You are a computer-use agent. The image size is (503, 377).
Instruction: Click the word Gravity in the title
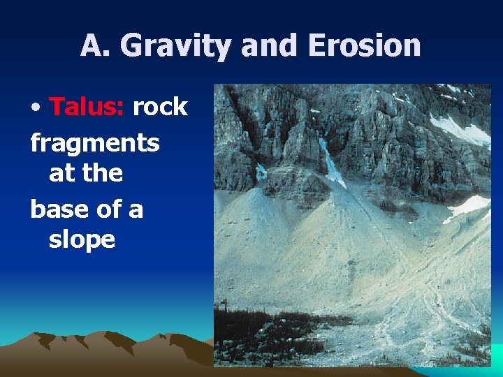(177, 46)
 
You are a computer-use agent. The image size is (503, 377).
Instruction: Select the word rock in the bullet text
(160, 107)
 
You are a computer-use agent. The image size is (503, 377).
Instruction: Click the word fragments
(95, 144)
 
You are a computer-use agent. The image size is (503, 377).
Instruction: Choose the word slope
(82, 239)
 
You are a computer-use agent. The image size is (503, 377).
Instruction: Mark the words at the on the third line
(85, 173)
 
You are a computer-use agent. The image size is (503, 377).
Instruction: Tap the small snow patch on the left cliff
(261, 172)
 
